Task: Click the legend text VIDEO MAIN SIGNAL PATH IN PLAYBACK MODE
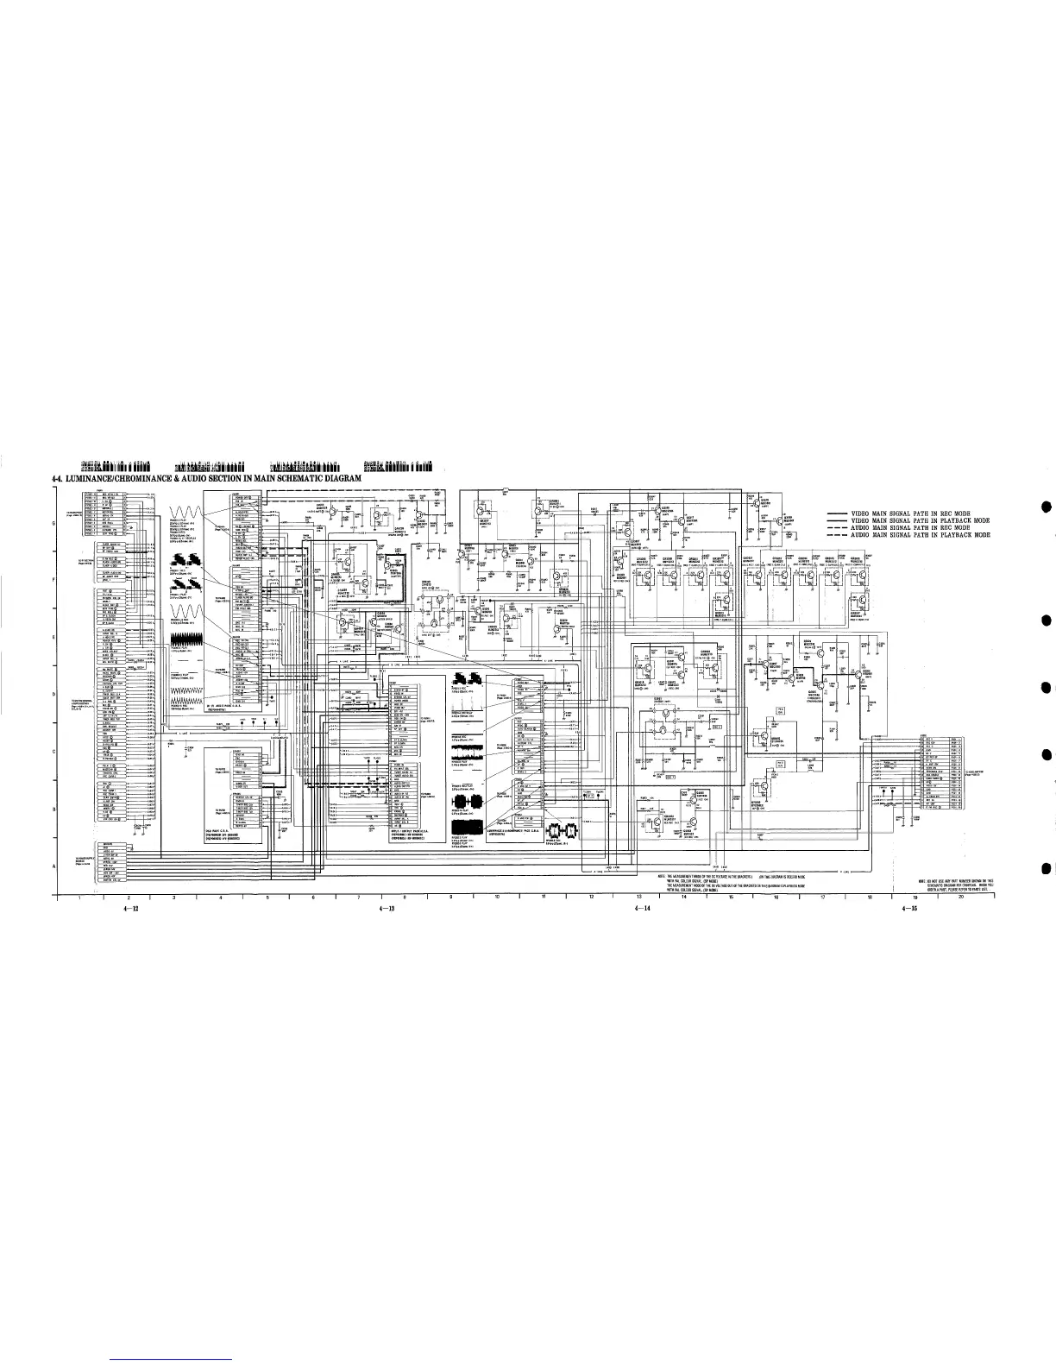920,520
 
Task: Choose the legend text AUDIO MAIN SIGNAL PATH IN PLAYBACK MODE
920,536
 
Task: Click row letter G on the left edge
54,524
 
